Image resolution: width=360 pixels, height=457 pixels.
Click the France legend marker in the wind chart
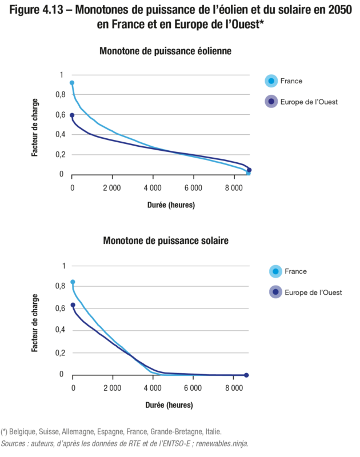coord(271,81)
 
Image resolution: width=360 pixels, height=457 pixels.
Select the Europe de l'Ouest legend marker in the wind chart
coord(271,102)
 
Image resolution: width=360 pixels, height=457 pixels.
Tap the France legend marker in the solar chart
coord(275,271)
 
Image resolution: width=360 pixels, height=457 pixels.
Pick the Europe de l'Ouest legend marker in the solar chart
coord(275,292)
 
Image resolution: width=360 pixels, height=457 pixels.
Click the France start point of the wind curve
coord(72,83)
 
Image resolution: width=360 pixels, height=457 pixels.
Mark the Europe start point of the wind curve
coord(72,115)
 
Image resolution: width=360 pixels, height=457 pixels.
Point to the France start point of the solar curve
coord(73,282)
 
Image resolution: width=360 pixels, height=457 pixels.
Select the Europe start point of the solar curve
coord(73,305)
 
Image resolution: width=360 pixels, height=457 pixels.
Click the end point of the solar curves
coord(246,375)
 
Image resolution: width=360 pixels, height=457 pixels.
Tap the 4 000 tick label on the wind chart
coord(153,187)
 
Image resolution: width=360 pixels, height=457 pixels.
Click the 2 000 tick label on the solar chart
coord(113,388)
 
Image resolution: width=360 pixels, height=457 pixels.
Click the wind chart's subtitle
coord(165,51)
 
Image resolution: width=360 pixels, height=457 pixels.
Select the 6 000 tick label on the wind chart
coord(193,187)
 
